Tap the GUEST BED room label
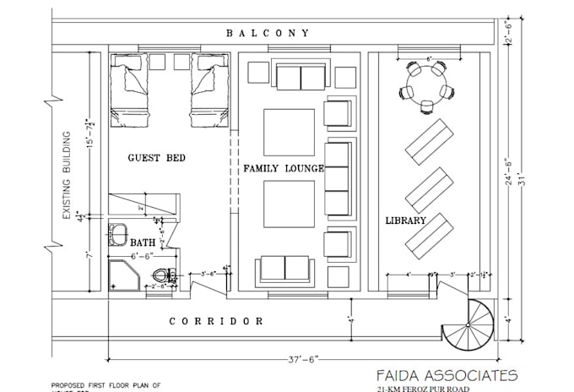coord(156,158)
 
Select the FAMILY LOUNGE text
coord(284,169)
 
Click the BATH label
coord(143,242)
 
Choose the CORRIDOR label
coord(216,321)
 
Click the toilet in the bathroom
coord(164,275)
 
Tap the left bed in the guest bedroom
coord(136,87)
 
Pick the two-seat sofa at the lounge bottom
coord(284,268)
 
